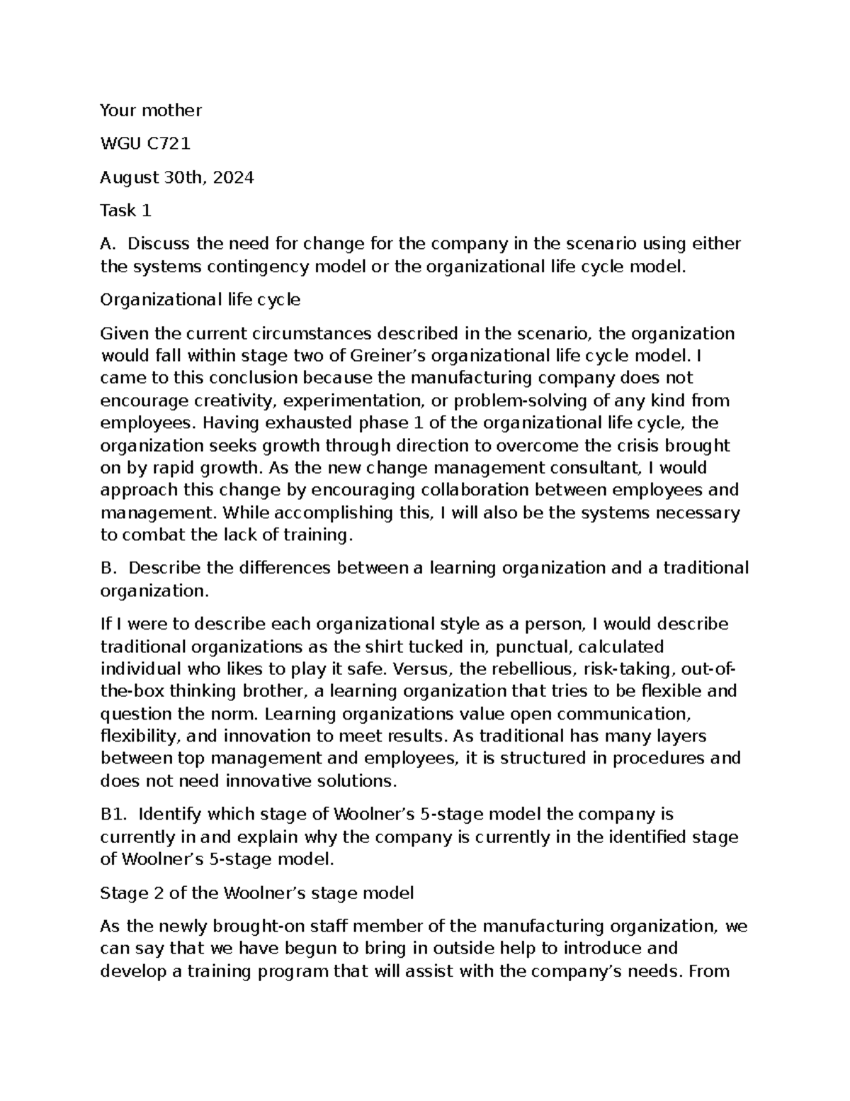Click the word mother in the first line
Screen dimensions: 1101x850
click(172, 111)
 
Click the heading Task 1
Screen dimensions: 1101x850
click(125, 211)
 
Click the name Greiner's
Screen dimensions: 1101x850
click(387, 355)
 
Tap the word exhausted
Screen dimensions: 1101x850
click(279, 423)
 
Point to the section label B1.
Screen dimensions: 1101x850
click(113, 815)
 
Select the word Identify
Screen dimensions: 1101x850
click(169, 815)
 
